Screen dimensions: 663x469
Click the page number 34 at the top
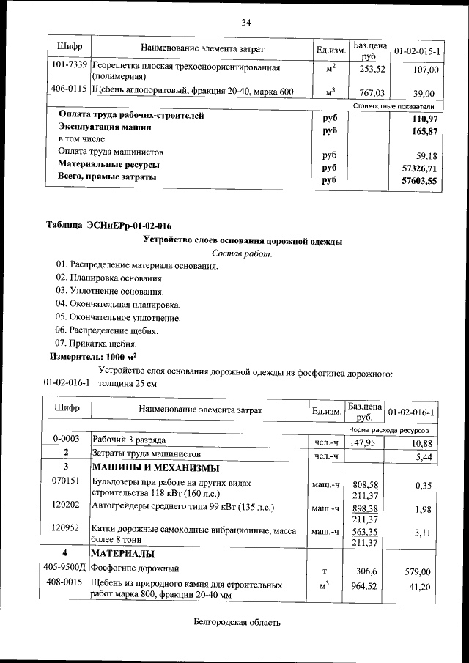click(246, 23)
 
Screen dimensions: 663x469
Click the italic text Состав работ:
click(242, 253)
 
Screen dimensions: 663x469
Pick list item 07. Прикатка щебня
click(95, 343)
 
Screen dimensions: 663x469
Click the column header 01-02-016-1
click(411, 411)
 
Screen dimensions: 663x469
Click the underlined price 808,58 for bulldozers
click(365, 485)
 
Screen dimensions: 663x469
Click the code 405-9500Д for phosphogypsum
click(67, 568)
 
